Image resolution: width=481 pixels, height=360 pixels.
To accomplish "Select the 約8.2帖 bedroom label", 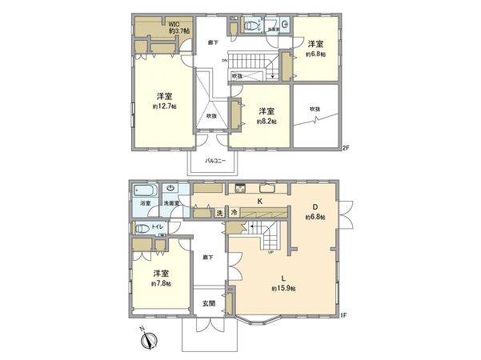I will point(266,121).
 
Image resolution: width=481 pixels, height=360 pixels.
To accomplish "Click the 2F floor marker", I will point(346,146).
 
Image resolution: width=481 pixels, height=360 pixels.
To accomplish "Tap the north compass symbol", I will point(146,340).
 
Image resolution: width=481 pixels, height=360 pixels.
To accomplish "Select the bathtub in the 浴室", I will point(145,192).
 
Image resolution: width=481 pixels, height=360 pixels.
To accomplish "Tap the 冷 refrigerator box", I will point(234,213).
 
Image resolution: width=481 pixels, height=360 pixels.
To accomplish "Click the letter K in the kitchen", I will point(260,201).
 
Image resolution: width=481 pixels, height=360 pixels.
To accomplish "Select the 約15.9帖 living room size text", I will point(283,288).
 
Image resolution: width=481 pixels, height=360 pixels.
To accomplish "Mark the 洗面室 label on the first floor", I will point(171,204).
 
